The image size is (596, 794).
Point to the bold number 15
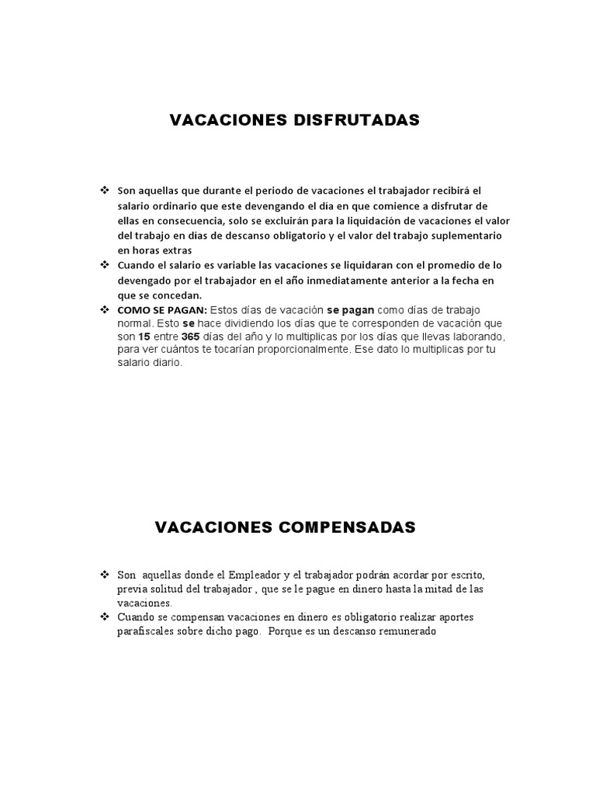pyautogui.click(x=144, y=337)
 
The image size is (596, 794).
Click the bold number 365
pyautogui.click(x=190, y=337)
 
